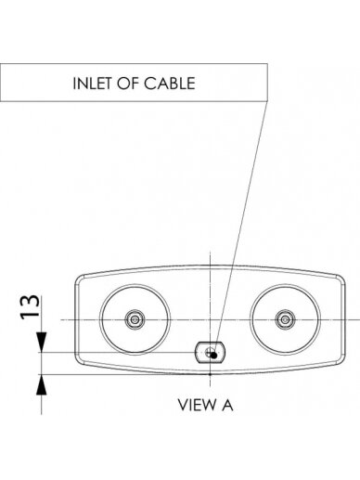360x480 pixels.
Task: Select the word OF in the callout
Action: tap(128, 84)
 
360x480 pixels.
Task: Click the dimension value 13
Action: tap(30, 306)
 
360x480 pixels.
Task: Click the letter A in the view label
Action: tap(227, 405)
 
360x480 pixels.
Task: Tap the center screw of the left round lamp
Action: tap(135, 319)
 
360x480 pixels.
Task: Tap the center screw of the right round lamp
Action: tap(285, 319)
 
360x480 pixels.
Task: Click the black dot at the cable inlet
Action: tap(213, 356)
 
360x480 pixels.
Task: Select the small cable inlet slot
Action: tap(210, 353)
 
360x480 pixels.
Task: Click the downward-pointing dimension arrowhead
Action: tap(42, 343)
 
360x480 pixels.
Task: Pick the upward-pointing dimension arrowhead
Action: tap(42, 384)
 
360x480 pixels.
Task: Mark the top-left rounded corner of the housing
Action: tap(78, 279)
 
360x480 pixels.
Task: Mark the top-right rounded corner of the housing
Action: tap(341, 279)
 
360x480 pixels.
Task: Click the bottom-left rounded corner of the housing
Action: tap(78, 361)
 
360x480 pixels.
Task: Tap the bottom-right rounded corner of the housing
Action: tap(341, 361)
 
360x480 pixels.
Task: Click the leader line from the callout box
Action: tap(240, 228)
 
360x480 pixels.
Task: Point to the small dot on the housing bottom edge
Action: tap(210, 374)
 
